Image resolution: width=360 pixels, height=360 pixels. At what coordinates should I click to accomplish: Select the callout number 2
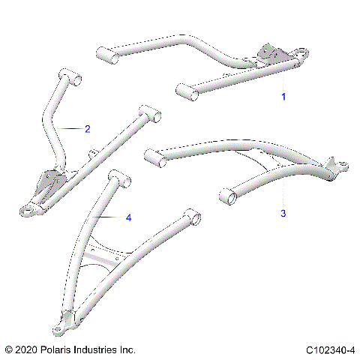click(87, 129)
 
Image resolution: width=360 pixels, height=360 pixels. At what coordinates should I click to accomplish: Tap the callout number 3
click(283, 214)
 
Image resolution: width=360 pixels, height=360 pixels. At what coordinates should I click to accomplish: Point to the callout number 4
click(128, 217)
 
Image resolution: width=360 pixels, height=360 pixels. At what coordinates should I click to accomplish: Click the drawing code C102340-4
click(330, 350)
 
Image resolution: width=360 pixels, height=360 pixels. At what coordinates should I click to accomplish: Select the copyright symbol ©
click(8, 350)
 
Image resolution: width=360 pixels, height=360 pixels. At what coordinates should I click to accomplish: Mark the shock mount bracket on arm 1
click(269, 55)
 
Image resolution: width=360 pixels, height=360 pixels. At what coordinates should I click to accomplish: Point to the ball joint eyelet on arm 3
click(339, 164)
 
